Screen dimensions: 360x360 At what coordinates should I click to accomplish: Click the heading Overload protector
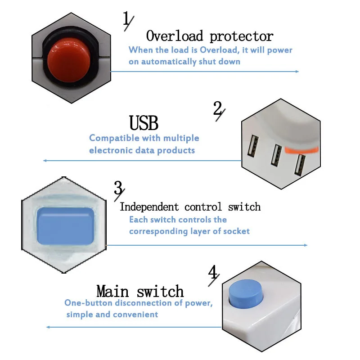pos(209,36)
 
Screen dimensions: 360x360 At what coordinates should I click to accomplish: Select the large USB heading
pos(144,123)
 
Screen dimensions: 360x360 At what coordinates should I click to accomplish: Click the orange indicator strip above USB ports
pos(301,150)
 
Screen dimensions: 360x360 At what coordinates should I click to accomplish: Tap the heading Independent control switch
pos(190,207)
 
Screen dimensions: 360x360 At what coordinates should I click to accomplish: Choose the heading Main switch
pos(140,291)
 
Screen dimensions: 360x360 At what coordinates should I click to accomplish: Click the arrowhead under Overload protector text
pos(296,72)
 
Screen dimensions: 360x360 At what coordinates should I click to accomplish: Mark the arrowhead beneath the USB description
pos(45,161)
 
